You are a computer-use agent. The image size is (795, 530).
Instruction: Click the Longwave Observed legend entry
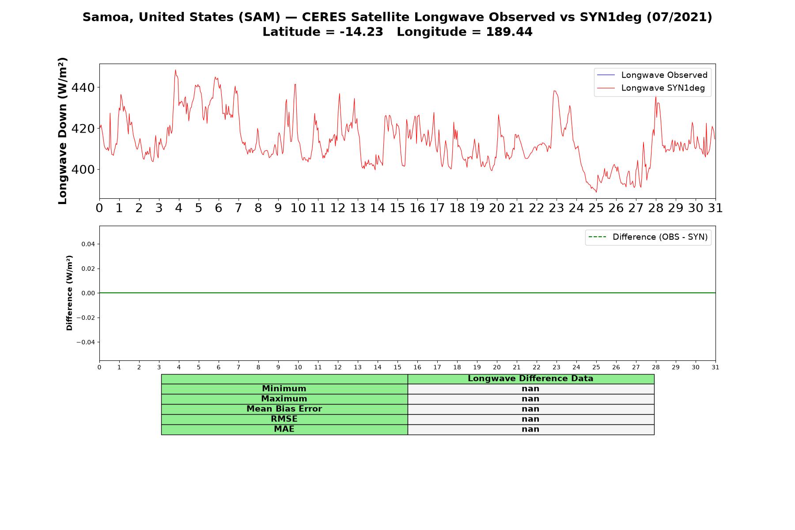pos(652,75)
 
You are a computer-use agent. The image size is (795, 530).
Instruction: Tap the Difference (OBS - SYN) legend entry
pos(648,237)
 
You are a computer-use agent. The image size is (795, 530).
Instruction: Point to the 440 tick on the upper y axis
pos(83,87)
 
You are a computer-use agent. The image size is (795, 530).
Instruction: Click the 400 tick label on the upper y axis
pos(83,169)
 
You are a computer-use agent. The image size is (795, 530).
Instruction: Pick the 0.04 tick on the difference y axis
pos(88,244)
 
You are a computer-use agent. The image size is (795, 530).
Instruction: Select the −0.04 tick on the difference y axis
pos(86,342)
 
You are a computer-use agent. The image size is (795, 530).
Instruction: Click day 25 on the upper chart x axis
pos(596,208)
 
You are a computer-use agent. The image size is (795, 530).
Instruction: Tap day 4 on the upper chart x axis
pos(179,208)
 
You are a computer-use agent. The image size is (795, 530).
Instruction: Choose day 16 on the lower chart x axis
pos(417,367)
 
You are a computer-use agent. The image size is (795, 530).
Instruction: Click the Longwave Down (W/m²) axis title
pos(63,131)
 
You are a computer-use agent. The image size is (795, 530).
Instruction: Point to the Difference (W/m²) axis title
pos(69,293)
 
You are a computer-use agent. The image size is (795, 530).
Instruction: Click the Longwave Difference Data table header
pos(530,379)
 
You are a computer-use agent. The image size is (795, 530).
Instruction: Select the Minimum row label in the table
pos(284,389)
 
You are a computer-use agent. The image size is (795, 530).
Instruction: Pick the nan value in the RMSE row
pos(530,419)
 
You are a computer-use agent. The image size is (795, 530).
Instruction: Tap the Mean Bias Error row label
pos(284,409)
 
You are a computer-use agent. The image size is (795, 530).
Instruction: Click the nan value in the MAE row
pos(530,429)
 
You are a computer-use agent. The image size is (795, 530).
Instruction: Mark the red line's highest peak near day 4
pos(175,70)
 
